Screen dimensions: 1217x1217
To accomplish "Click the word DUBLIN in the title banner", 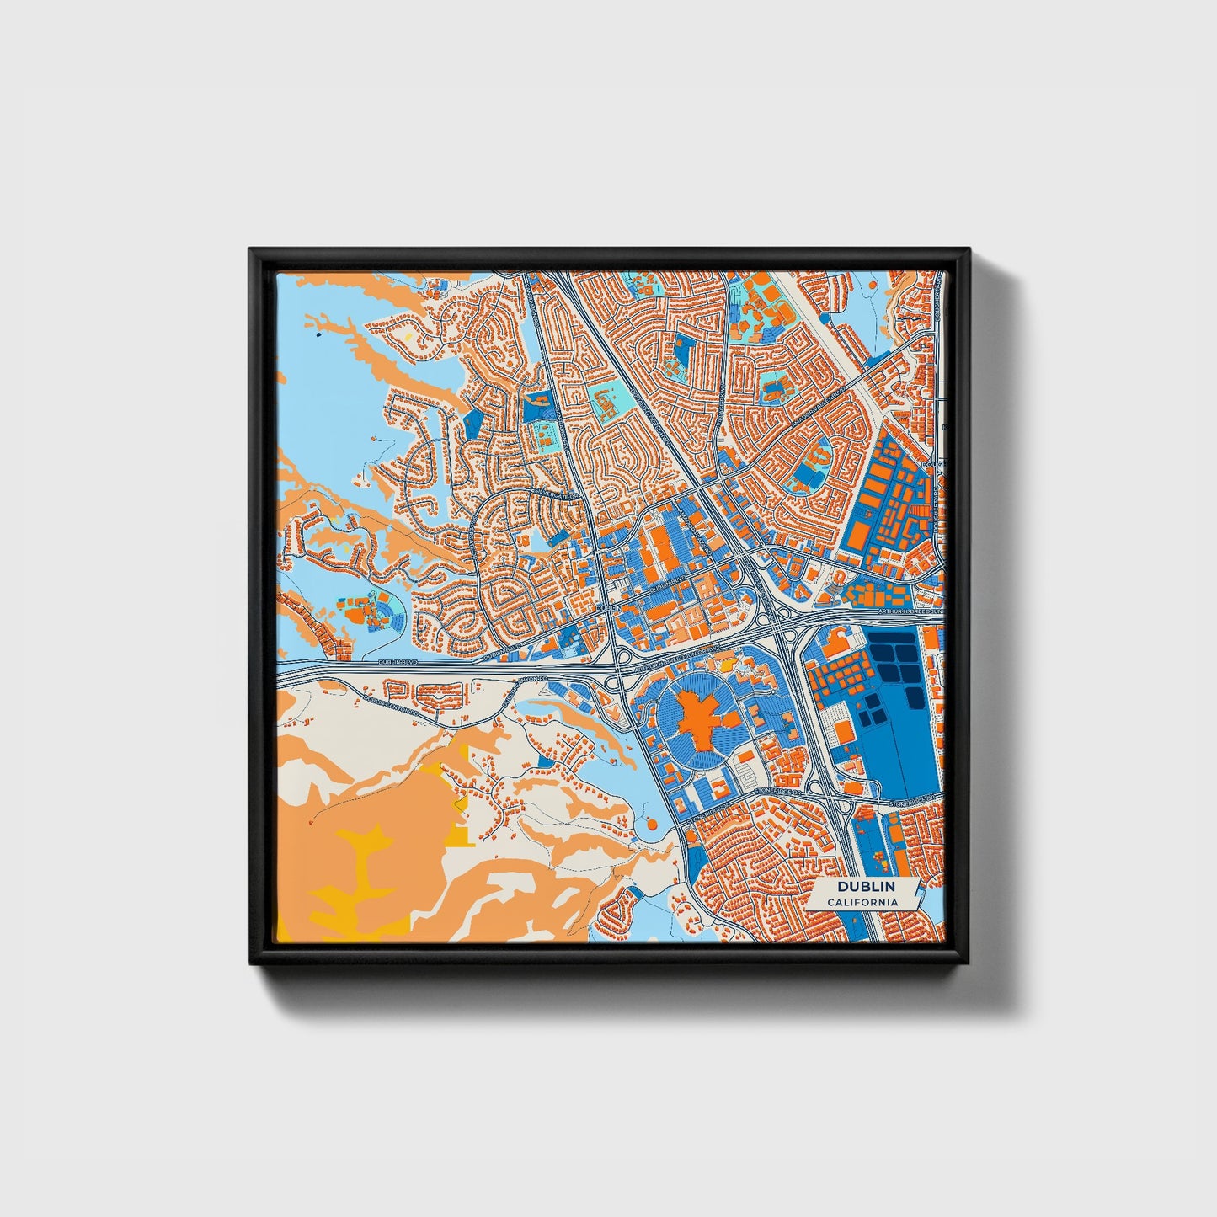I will point(866,887).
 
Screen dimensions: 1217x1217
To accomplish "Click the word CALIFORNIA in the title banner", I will point(862,903).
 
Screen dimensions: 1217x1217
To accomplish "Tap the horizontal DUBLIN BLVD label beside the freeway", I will point(398,662).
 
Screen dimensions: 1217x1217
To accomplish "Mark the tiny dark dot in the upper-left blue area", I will point(318,334).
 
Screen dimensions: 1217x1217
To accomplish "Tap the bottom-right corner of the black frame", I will point(969,965).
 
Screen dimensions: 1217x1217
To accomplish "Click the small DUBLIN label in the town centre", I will point(606,606).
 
